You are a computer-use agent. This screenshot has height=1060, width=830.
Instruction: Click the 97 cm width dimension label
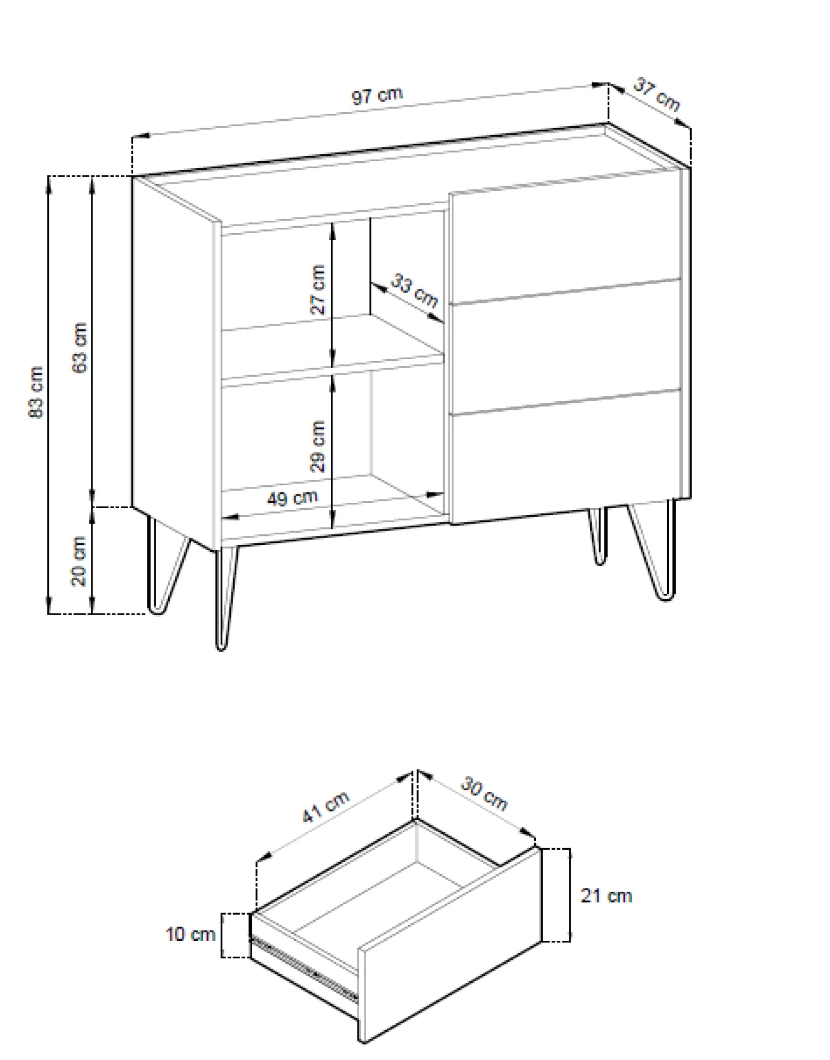pyautogui.click(x=377, y=96)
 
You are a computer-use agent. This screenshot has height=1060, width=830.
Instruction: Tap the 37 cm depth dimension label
pyautogui.click(x=657, y=95)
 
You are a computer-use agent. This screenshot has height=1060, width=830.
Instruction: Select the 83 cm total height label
pyautogui.click(x=36, y=392)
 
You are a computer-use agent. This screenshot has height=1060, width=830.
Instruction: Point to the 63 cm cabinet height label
pyautogui.click(x=80, y=347)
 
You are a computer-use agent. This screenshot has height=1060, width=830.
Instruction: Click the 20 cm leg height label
pyautogui.click(x=79, y=561)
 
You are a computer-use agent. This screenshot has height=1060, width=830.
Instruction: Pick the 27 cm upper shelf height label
pyautogui.click(x=318, y=289)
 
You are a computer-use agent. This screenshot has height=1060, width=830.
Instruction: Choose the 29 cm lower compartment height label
pyautogui.click(x=318, y=446)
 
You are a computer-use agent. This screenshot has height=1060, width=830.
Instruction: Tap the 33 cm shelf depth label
pyautogui.click(x=415, y=291)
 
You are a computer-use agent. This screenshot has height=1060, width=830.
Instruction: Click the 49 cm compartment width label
pyautogui.click(x=292, y=498)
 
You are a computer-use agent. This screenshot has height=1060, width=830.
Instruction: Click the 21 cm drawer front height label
pyautogui.click(x=606, y=896)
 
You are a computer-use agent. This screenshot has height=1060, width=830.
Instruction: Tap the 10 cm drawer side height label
pyautogui.click(x=190, y=934)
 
